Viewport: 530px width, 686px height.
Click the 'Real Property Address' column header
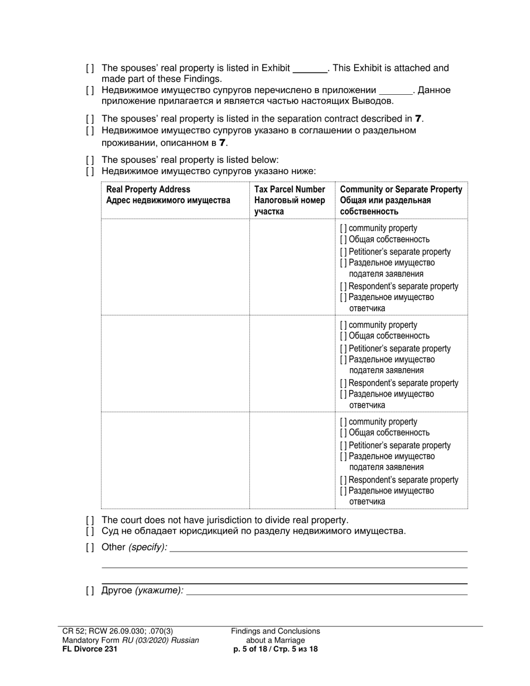[x=148, y=190]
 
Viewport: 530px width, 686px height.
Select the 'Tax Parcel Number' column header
[x=290, y=190]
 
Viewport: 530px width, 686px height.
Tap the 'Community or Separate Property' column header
[x=401, y=190]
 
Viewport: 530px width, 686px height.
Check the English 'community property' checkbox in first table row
[x=343, y=228]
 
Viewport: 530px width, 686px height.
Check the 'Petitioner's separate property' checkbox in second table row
[x=343, y=349]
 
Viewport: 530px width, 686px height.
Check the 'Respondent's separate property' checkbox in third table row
[x=343, y=480]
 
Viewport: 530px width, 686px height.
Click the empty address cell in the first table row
[x=175, y=267]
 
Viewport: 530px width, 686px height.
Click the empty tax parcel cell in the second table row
[x=292, y=364]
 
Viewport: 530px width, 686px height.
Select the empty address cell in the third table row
[x=175, y=460]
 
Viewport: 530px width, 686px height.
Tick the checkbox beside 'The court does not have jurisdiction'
[x=90, y=520]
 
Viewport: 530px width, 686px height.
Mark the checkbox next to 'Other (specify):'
[x=90, y=547]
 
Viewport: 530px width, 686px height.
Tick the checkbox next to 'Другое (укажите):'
[x=90, y=591]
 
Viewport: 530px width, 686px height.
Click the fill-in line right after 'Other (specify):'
[x=318, y=548]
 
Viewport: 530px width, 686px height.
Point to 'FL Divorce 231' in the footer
[x=90, y=649]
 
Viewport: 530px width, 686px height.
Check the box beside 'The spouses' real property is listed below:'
[x=90, y=160]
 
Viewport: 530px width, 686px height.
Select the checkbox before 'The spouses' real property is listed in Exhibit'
[x=90, y=69]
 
